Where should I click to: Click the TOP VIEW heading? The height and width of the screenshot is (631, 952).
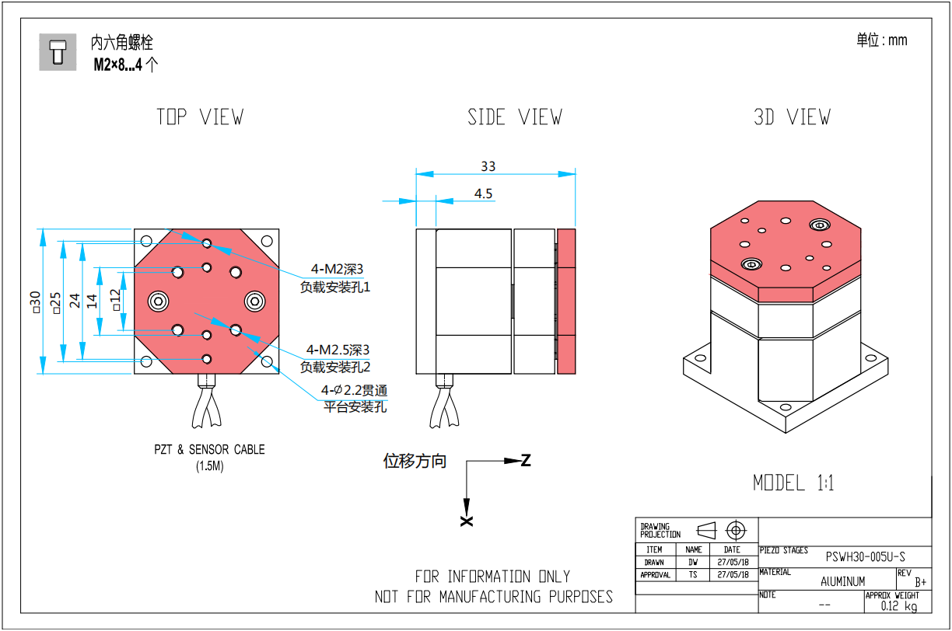click(200, 117)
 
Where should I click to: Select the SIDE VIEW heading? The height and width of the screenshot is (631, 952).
click(514, 117)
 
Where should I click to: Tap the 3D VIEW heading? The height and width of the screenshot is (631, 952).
click(792, 117)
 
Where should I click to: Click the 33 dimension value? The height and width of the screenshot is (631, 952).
click(488, 166)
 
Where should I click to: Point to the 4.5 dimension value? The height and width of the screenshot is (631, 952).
click(484, 194)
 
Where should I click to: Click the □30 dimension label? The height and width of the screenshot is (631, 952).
click(35, 302)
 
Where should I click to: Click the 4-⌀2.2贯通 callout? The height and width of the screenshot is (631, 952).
click(354, 390)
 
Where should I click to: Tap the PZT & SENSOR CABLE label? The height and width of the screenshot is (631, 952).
click(209, 449)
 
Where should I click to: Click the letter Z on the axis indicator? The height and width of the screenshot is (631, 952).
click(526, 460)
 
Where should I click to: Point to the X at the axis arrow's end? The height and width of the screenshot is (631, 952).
click(466, 521)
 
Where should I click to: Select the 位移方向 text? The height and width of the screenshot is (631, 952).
click(415, 461)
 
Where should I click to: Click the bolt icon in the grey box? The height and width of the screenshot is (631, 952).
click(58, 52)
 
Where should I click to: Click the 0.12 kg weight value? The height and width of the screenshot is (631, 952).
click(899, 606)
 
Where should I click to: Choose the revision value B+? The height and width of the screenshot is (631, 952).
click(920, 581)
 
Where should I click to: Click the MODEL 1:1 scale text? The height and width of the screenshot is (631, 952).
click(793, 483)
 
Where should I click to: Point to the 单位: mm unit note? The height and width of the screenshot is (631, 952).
click(882, 40)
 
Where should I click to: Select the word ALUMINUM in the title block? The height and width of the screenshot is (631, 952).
click(842, 581)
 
